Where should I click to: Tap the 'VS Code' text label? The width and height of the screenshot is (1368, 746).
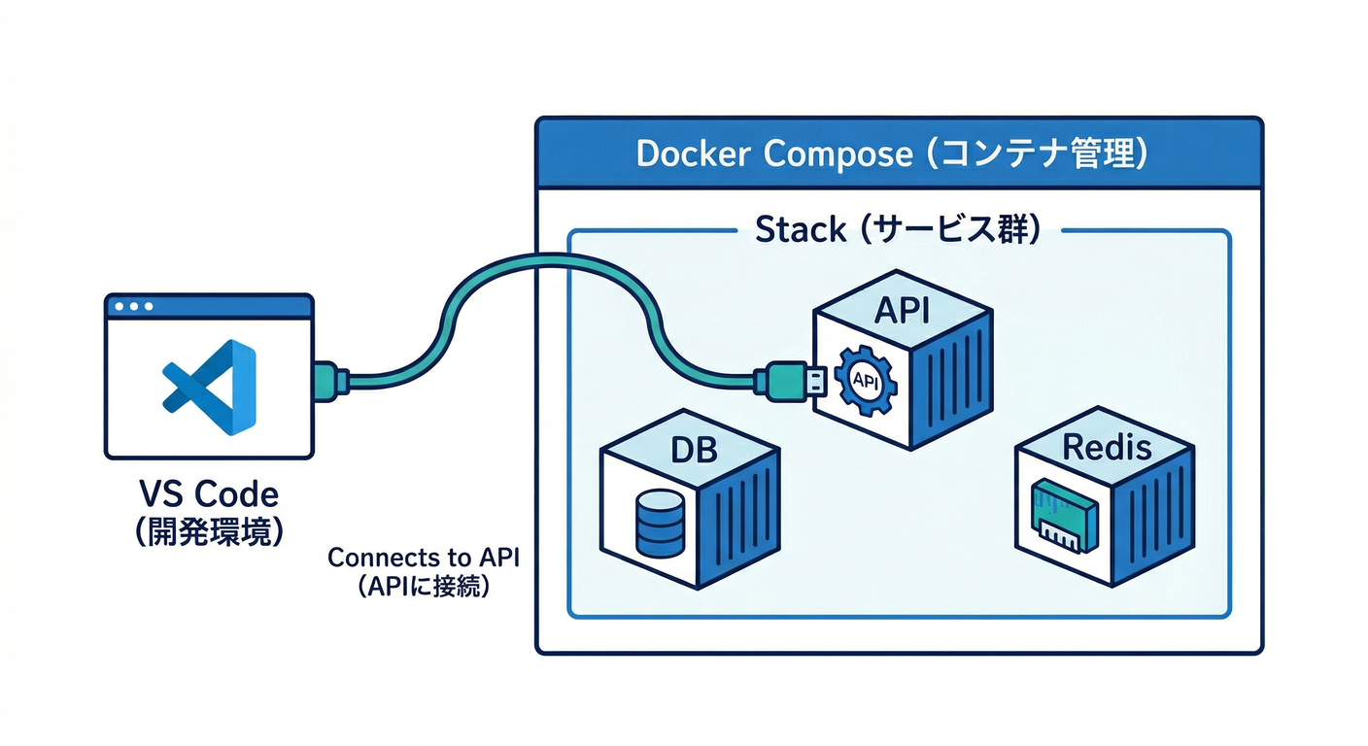click(209, 494)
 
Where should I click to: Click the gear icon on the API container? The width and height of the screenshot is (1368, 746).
click(864, 383)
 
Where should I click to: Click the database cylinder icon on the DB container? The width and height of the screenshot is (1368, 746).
click(658, 524)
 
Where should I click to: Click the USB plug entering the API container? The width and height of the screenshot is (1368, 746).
click(793, 379)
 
